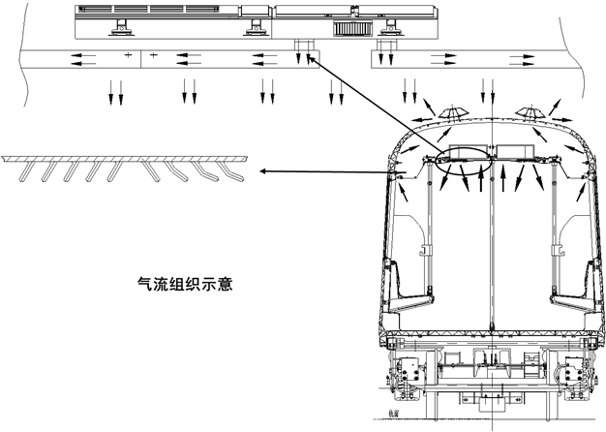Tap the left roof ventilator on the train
click(x=450, y=113)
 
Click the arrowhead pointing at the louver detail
click(x=262, y=172)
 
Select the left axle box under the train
click(x=406, y=372)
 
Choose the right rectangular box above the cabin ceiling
click(x=514, y=151)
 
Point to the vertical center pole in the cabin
click(x=490, y=252)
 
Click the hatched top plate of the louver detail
click(x=126, y=158)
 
